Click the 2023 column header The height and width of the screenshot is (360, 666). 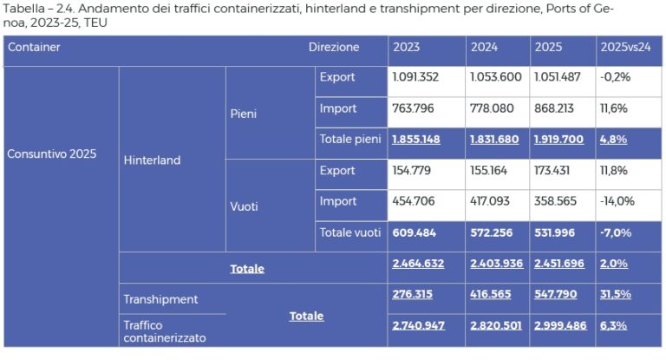tap(407, 47)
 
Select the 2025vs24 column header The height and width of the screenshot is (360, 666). tap(625, 47)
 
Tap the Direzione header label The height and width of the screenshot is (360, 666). tap(333, 47)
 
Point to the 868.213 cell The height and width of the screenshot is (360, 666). tap(559, 108)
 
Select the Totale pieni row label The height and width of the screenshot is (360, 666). tap(350, 139)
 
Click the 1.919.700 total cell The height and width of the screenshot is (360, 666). tap(559, 139)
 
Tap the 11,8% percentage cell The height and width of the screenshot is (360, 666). tap(617, 170)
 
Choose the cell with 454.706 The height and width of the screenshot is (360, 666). tap(413, 201)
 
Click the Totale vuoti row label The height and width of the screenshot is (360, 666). tap(350, 232)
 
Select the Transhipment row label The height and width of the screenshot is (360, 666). tap(160, 299)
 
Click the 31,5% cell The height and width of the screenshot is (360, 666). tap(616, 295)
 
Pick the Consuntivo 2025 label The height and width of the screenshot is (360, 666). tap(52, 154)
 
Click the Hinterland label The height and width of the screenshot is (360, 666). tap(152, 160)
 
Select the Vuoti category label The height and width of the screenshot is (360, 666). tap(245, 206)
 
